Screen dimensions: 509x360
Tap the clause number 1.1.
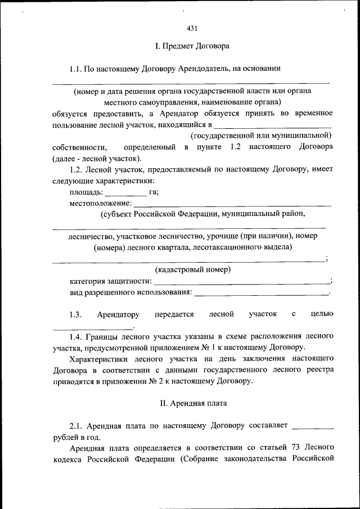pyautogui.click(x=76, y=69)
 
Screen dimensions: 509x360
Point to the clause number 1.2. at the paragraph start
pyautogui.click(x=76, y=169)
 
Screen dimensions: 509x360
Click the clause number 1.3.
pyautogui.click(x=76, y=314)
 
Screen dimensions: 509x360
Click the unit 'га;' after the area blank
pyautogui.click(x=154, y=192)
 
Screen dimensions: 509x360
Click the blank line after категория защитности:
pyautogui.click(x=242, y=281)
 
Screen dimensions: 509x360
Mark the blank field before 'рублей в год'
pyautogui.click(x=313, y=426)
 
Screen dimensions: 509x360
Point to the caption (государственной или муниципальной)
pyautogui.click(x=261, y=136)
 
